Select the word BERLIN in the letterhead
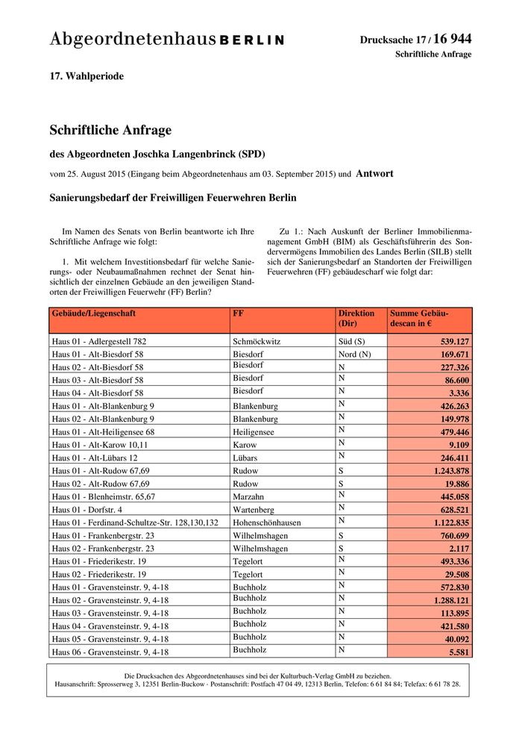coord(252,40)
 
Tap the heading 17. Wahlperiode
coord(87,77)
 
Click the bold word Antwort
coord(374,174)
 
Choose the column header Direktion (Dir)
coord(356,319)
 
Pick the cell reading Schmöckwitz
coord(257,341)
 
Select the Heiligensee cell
coord(254,432)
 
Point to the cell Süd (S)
coord(350,341)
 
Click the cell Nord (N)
coord(354,354)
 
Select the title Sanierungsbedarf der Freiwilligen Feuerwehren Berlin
coord(173,199)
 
